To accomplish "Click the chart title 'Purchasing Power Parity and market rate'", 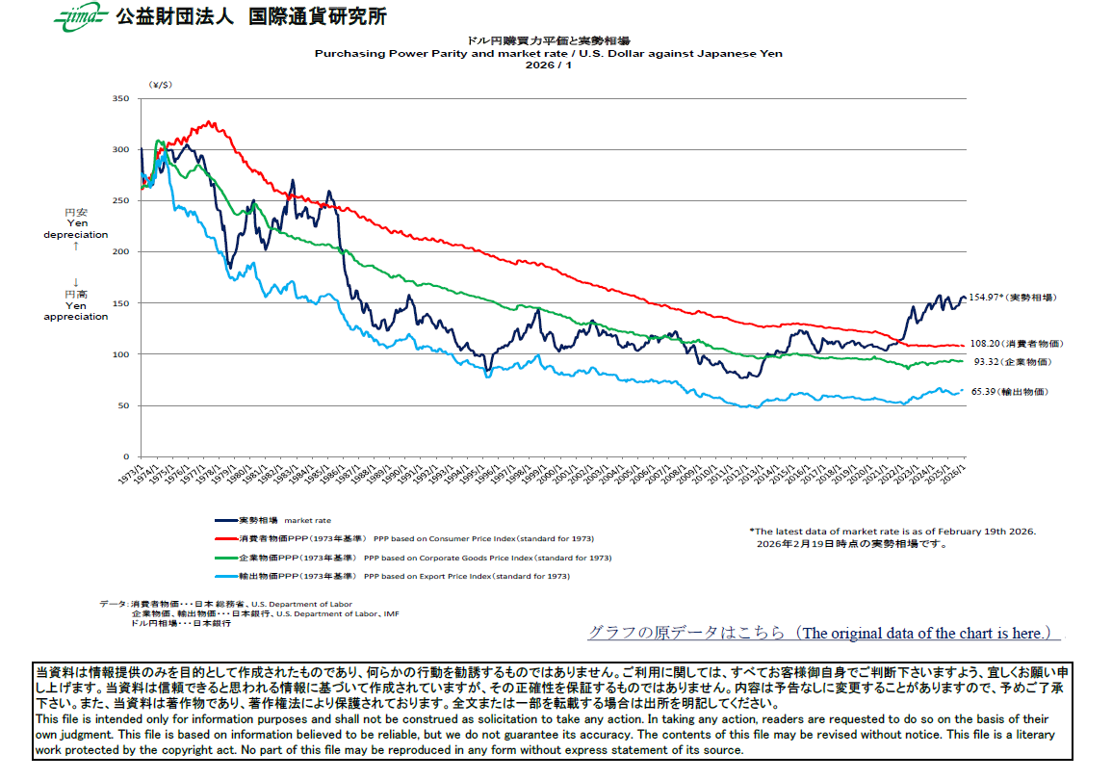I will (548, 54).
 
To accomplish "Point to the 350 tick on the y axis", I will (120, 98).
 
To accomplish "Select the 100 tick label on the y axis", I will (120, 354).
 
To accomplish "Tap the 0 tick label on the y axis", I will (126, 456).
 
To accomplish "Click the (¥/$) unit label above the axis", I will (160, 85).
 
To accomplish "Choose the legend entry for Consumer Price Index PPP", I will (404, 539).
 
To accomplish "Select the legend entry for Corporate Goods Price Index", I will (414, 558).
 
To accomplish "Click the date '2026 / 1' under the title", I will (548, 65).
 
